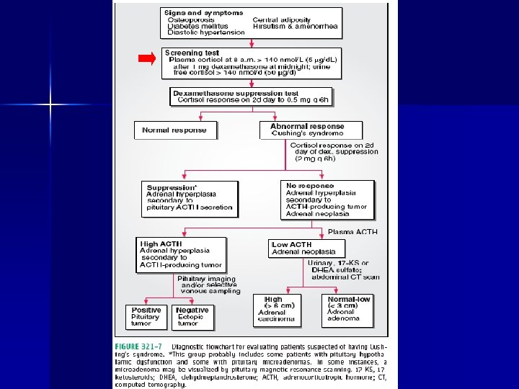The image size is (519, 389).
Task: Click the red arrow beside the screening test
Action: (x=146, y=59)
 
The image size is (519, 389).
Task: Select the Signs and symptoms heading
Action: (x=193, y=13)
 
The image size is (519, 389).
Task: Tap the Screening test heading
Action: (x=192, y=53)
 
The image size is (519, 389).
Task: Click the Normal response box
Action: (x=174, y=130)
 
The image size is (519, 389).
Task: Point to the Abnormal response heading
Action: (x=307, y=125)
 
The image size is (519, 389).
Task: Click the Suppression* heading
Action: (x=171, y=188)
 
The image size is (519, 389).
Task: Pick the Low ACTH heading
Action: (x=291, y=245)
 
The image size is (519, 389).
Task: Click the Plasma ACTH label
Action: (x=352, y=232)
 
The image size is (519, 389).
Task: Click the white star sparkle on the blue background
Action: (x=50, y=105)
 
